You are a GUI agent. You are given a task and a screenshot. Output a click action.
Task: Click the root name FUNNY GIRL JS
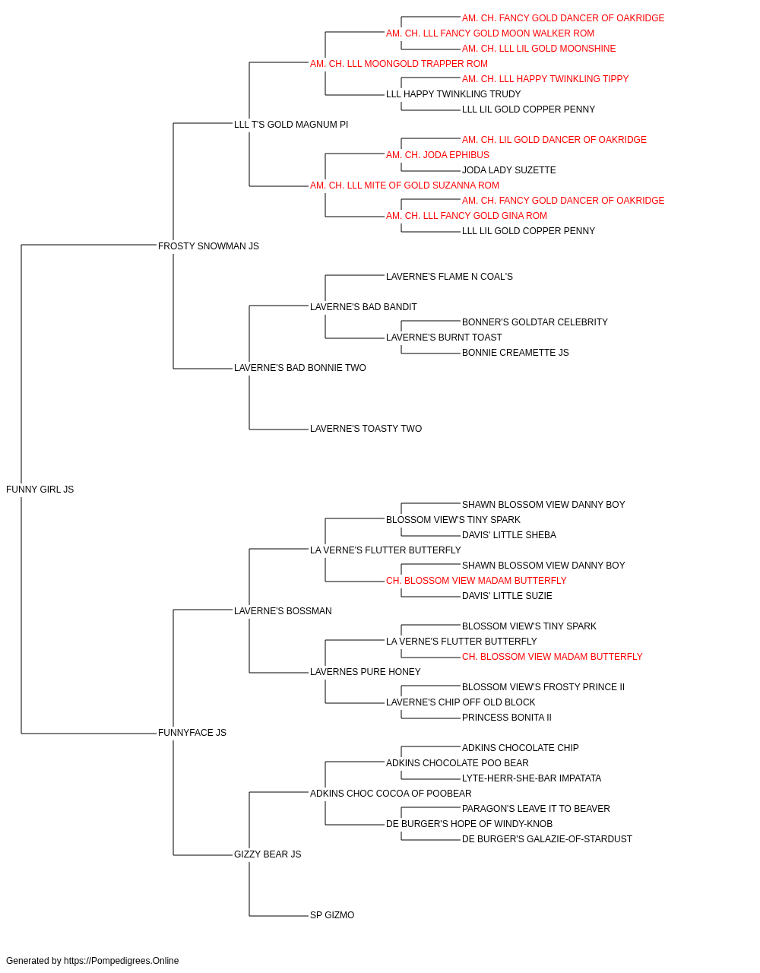coord(40,490)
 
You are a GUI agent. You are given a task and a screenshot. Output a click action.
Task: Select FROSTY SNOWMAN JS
coord(208,246)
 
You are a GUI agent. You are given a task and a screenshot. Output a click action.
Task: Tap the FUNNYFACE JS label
coord(192,733)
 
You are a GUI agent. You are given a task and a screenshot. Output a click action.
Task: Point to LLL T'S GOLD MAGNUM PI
coord(291,125)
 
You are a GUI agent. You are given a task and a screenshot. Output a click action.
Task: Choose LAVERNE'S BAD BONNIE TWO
coord(300,368)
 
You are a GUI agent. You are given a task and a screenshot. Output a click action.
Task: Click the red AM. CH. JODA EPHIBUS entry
coord(437,155)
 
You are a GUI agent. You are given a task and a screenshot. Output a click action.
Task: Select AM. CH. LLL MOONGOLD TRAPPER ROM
coord(399,64)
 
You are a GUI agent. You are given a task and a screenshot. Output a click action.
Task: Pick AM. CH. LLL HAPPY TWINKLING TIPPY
coord(545,79)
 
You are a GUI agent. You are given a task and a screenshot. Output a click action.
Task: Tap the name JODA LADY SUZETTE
coord(509,170)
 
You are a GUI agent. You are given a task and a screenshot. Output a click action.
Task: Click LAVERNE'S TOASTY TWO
coord(366,429)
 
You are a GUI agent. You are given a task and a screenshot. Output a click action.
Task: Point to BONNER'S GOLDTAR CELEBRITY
coord(535,322)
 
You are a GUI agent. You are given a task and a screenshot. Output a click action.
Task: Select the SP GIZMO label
coord(332,914)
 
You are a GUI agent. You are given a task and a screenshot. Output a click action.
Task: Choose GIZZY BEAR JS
coord(268,854)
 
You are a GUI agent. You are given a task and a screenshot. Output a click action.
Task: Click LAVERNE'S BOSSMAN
coord(283,610)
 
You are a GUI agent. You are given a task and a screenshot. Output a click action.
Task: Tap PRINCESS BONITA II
coord(507,718)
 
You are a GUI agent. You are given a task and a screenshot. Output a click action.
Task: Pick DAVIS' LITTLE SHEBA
coord(509,535)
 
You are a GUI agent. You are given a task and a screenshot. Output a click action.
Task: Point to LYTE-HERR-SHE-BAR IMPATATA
coord(531,778)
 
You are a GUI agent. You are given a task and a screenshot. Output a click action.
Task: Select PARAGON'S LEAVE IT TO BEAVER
coord(536,809)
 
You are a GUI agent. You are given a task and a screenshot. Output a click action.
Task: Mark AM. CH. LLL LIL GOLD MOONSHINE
coord(539,49)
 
